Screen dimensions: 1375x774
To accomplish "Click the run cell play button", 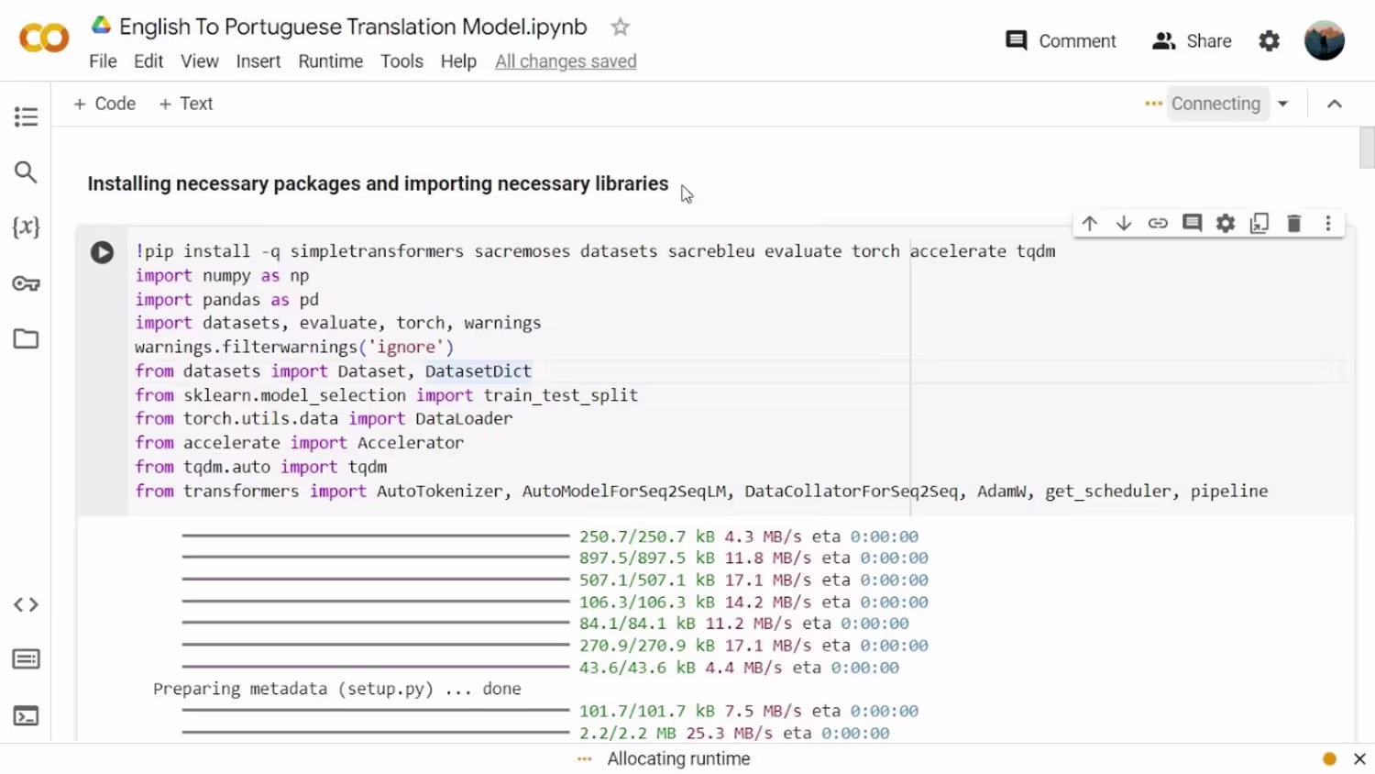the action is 102,252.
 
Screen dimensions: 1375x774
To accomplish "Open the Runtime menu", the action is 330,61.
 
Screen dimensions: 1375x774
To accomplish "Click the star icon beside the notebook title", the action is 620,27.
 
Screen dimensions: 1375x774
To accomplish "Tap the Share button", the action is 1192,41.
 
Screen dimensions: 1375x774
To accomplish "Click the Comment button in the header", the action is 1060,41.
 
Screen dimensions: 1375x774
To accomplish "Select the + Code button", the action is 104,104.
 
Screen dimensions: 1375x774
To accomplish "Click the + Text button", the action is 185,104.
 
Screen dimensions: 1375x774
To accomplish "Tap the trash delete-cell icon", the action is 1294,223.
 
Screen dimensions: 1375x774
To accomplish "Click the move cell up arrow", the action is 1090,223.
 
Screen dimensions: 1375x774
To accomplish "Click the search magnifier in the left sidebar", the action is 26,172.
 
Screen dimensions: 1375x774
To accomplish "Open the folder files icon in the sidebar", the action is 26,338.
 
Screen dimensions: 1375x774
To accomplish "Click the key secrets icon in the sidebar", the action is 26,283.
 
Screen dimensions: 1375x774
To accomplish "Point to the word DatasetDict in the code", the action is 478,371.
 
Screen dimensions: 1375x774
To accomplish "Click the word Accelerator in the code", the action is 410,443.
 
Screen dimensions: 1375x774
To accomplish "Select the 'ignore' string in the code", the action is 406,347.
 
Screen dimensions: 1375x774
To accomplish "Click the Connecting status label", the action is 1215,104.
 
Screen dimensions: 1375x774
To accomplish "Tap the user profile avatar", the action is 1324,40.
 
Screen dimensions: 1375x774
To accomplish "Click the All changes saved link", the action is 566,61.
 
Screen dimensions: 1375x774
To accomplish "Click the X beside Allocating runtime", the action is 1359,759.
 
